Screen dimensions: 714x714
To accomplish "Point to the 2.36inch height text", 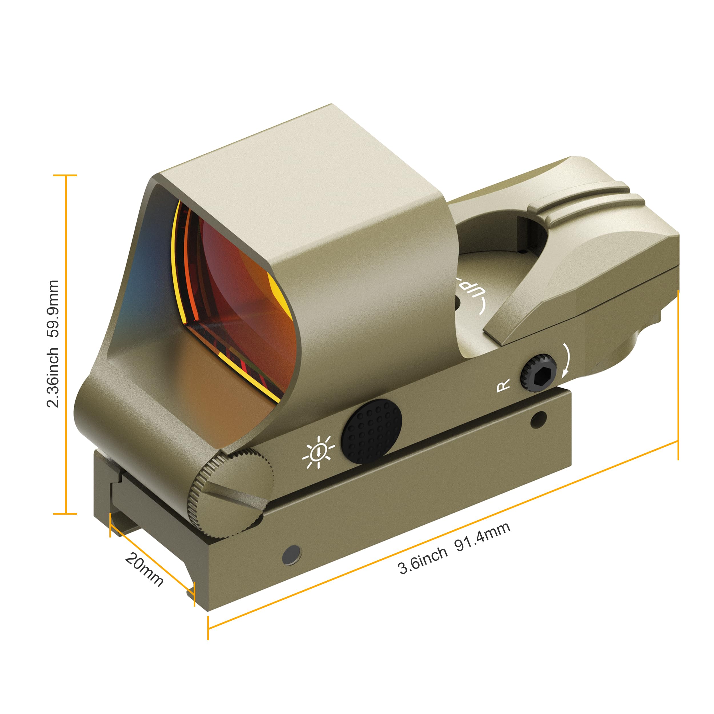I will pos(53,377).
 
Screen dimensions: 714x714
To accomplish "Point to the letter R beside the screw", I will pos(503,386).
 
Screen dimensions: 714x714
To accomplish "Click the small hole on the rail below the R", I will pos(538,420).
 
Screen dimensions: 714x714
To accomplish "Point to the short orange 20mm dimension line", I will pos(152,554).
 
